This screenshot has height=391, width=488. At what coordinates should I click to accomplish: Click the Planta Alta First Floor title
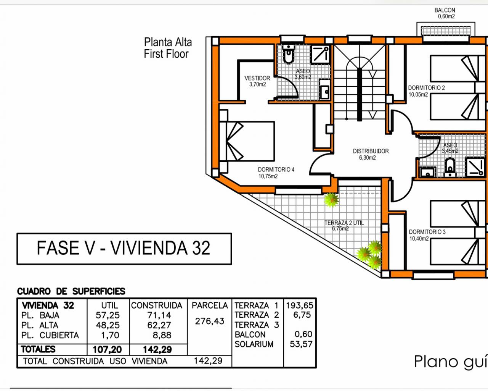[x=168, y=48]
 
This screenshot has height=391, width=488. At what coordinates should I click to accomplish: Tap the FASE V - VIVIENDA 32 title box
[x=124, y=249]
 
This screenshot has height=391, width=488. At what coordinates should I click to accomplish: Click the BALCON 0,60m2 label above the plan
[x=445, y=13]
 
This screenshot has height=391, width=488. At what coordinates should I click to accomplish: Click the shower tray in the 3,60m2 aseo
[x=320, y=54]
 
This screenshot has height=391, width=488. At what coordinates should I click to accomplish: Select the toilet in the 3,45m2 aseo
[x=450, y=168]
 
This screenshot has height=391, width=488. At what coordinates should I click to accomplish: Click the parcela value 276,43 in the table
[x=210, y=321]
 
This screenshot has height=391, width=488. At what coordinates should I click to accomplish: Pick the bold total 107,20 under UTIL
[x=107, y=349]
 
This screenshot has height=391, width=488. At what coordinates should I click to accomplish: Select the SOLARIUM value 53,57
[x=301, y=344]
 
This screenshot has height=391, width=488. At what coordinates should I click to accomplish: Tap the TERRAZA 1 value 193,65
[x=300, y=305]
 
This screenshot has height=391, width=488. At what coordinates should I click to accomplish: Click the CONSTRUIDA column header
[x=157, y=305]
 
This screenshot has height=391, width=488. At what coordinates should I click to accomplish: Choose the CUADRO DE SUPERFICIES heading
[x=71, y=291]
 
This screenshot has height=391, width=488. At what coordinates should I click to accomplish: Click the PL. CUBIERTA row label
[x=50, y=335]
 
